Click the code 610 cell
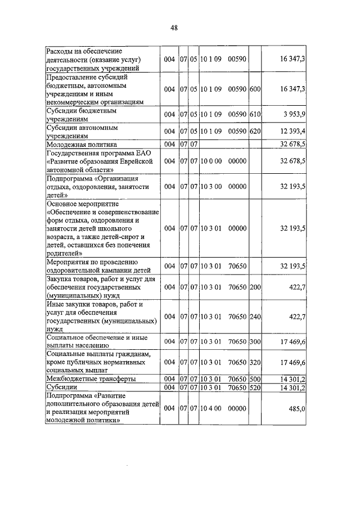tap(255, 115)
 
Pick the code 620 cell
tap(255, 131)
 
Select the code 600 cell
tap(255, 89)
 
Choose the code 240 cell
tap(255, 317)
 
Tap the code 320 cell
tap(255, 362)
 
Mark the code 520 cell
tap(255, 388)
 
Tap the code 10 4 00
tap(210, 410)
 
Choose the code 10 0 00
tap(210, 161)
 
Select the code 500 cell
tap(255, 379)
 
